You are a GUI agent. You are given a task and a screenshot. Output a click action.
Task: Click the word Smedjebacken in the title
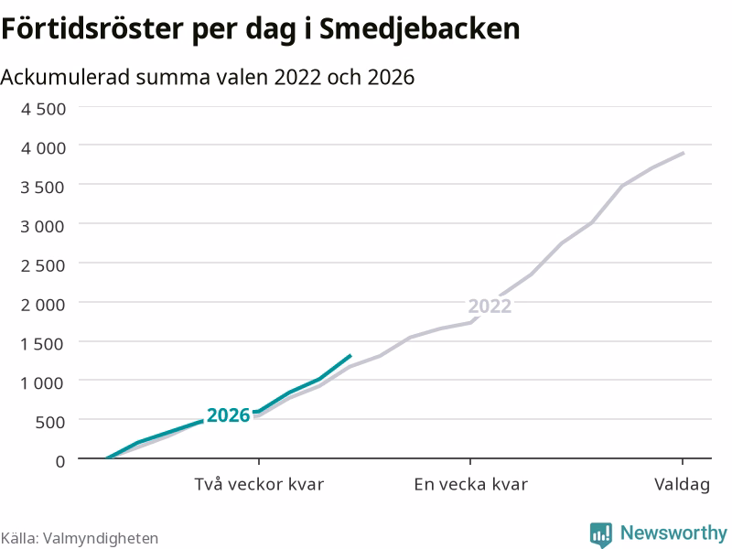[419, 30]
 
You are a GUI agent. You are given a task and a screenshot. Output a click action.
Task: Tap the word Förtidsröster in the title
[92, 29]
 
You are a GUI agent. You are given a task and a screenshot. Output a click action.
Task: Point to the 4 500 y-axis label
[43, 109]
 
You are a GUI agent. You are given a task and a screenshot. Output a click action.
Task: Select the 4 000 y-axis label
[43, 148]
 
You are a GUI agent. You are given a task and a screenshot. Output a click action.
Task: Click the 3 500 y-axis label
[43, 188]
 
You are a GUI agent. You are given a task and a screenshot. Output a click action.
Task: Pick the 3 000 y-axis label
[43, 226]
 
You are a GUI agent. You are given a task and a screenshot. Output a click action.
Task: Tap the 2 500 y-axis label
[43, 265]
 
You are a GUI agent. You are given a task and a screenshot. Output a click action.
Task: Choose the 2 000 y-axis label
[43, 305]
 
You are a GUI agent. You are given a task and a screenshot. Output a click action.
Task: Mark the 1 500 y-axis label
[43, 344]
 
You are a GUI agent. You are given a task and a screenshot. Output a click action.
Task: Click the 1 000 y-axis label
[43, 383]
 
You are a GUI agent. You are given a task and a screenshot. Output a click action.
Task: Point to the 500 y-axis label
[50, 423]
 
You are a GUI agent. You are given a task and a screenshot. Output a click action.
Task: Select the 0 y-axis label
[60, 462]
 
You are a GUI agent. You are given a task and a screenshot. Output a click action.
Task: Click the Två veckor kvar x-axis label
[259, 484]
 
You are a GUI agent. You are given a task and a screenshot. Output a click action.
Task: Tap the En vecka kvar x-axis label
[470, 484]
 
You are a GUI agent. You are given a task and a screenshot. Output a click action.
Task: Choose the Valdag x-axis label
[682, 485]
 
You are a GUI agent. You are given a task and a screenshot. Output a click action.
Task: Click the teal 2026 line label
[229, 415]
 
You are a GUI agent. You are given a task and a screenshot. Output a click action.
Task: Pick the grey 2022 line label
[490, 307]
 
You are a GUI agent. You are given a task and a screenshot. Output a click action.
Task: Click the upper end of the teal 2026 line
[350, 356]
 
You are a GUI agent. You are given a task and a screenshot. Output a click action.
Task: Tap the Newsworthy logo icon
[601, 534]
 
